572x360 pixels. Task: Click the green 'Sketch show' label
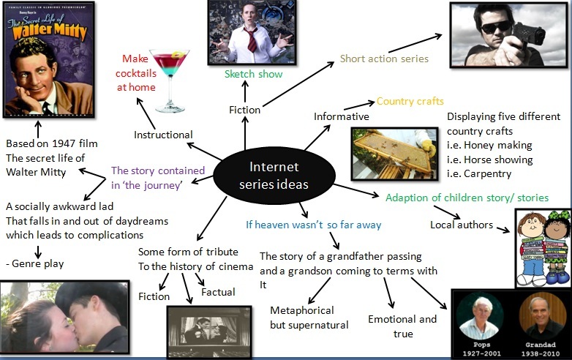click(x=253, y=74)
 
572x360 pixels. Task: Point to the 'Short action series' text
click(x=384, y=59)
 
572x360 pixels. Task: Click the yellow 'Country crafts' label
click(x=410, y=101)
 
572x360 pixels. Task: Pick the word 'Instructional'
click(x=163, y=135)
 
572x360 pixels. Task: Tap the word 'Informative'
click(x=342, y=116)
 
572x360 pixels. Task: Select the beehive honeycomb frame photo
click(x=394, y=153)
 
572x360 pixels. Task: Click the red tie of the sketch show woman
click(x=251, y=40)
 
